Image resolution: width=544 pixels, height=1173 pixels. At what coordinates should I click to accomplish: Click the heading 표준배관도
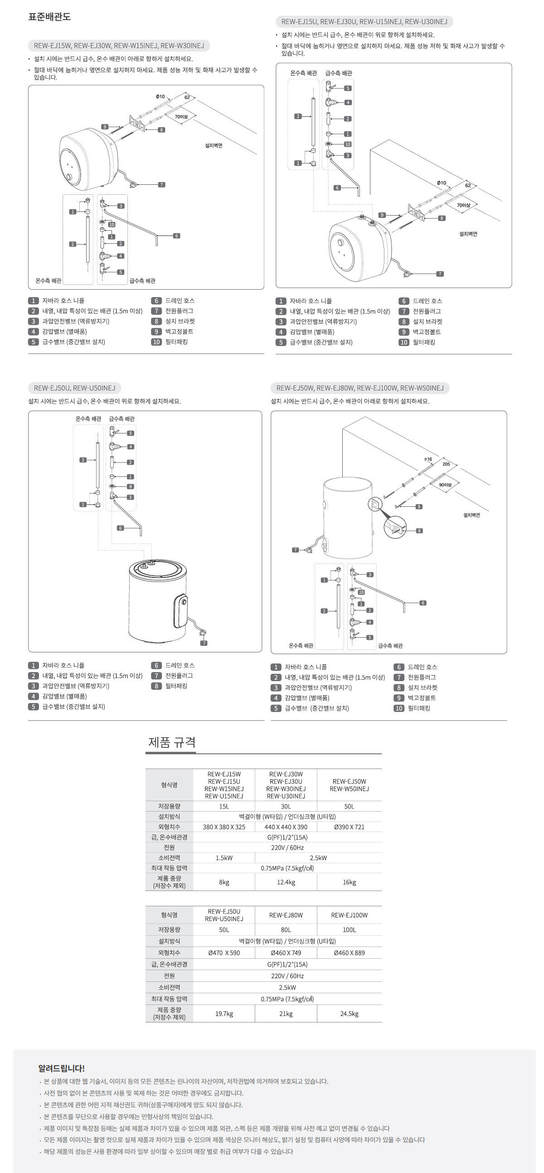coord(49,17)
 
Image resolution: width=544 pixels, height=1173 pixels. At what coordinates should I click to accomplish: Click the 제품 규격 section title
coord(172,742)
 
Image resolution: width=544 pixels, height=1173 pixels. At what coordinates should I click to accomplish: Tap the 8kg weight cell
coord(223,882)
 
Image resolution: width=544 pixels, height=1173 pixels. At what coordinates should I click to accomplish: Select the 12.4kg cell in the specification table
coord(286,882)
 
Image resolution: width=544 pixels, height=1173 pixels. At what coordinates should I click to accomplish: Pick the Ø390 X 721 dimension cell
coord(349,827)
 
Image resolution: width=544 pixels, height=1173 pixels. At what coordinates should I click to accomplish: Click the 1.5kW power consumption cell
coord(223,858)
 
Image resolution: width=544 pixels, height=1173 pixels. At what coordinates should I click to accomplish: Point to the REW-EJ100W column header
coord(349,915)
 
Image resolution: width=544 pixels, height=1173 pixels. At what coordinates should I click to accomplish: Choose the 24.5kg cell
coord(349,1014)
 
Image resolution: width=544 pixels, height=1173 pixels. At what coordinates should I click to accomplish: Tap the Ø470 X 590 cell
coord(223,952)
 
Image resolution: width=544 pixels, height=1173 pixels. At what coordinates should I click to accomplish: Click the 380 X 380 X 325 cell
coord(223,827)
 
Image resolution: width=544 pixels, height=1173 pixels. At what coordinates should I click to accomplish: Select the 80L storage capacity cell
coord(286,929)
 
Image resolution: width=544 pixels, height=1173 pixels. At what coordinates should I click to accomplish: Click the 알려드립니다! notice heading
coord(62,1068)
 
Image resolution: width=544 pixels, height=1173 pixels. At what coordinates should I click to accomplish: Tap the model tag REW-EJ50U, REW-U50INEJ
coord(74,388)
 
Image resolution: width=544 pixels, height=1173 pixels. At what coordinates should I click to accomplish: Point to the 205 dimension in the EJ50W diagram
coord(446,464)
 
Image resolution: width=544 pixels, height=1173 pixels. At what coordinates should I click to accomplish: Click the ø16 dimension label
coord(428,459)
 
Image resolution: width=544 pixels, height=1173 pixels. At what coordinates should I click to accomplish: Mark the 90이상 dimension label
coord(445,485)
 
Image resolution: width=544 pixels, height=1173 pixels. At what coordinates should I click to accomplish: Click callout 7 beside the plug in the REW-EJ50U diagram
coord(204,643)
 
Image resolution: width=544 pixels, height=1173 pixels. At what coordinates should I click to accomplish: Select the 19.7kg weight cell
coord(223,1014)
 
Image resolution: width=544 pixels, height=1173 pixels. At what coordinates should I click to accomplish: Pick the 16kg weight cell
coord(349,882)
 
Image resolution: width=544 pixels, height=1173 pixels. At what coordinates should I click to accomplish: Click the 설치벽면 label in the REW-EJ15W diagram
coord(213,146)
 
